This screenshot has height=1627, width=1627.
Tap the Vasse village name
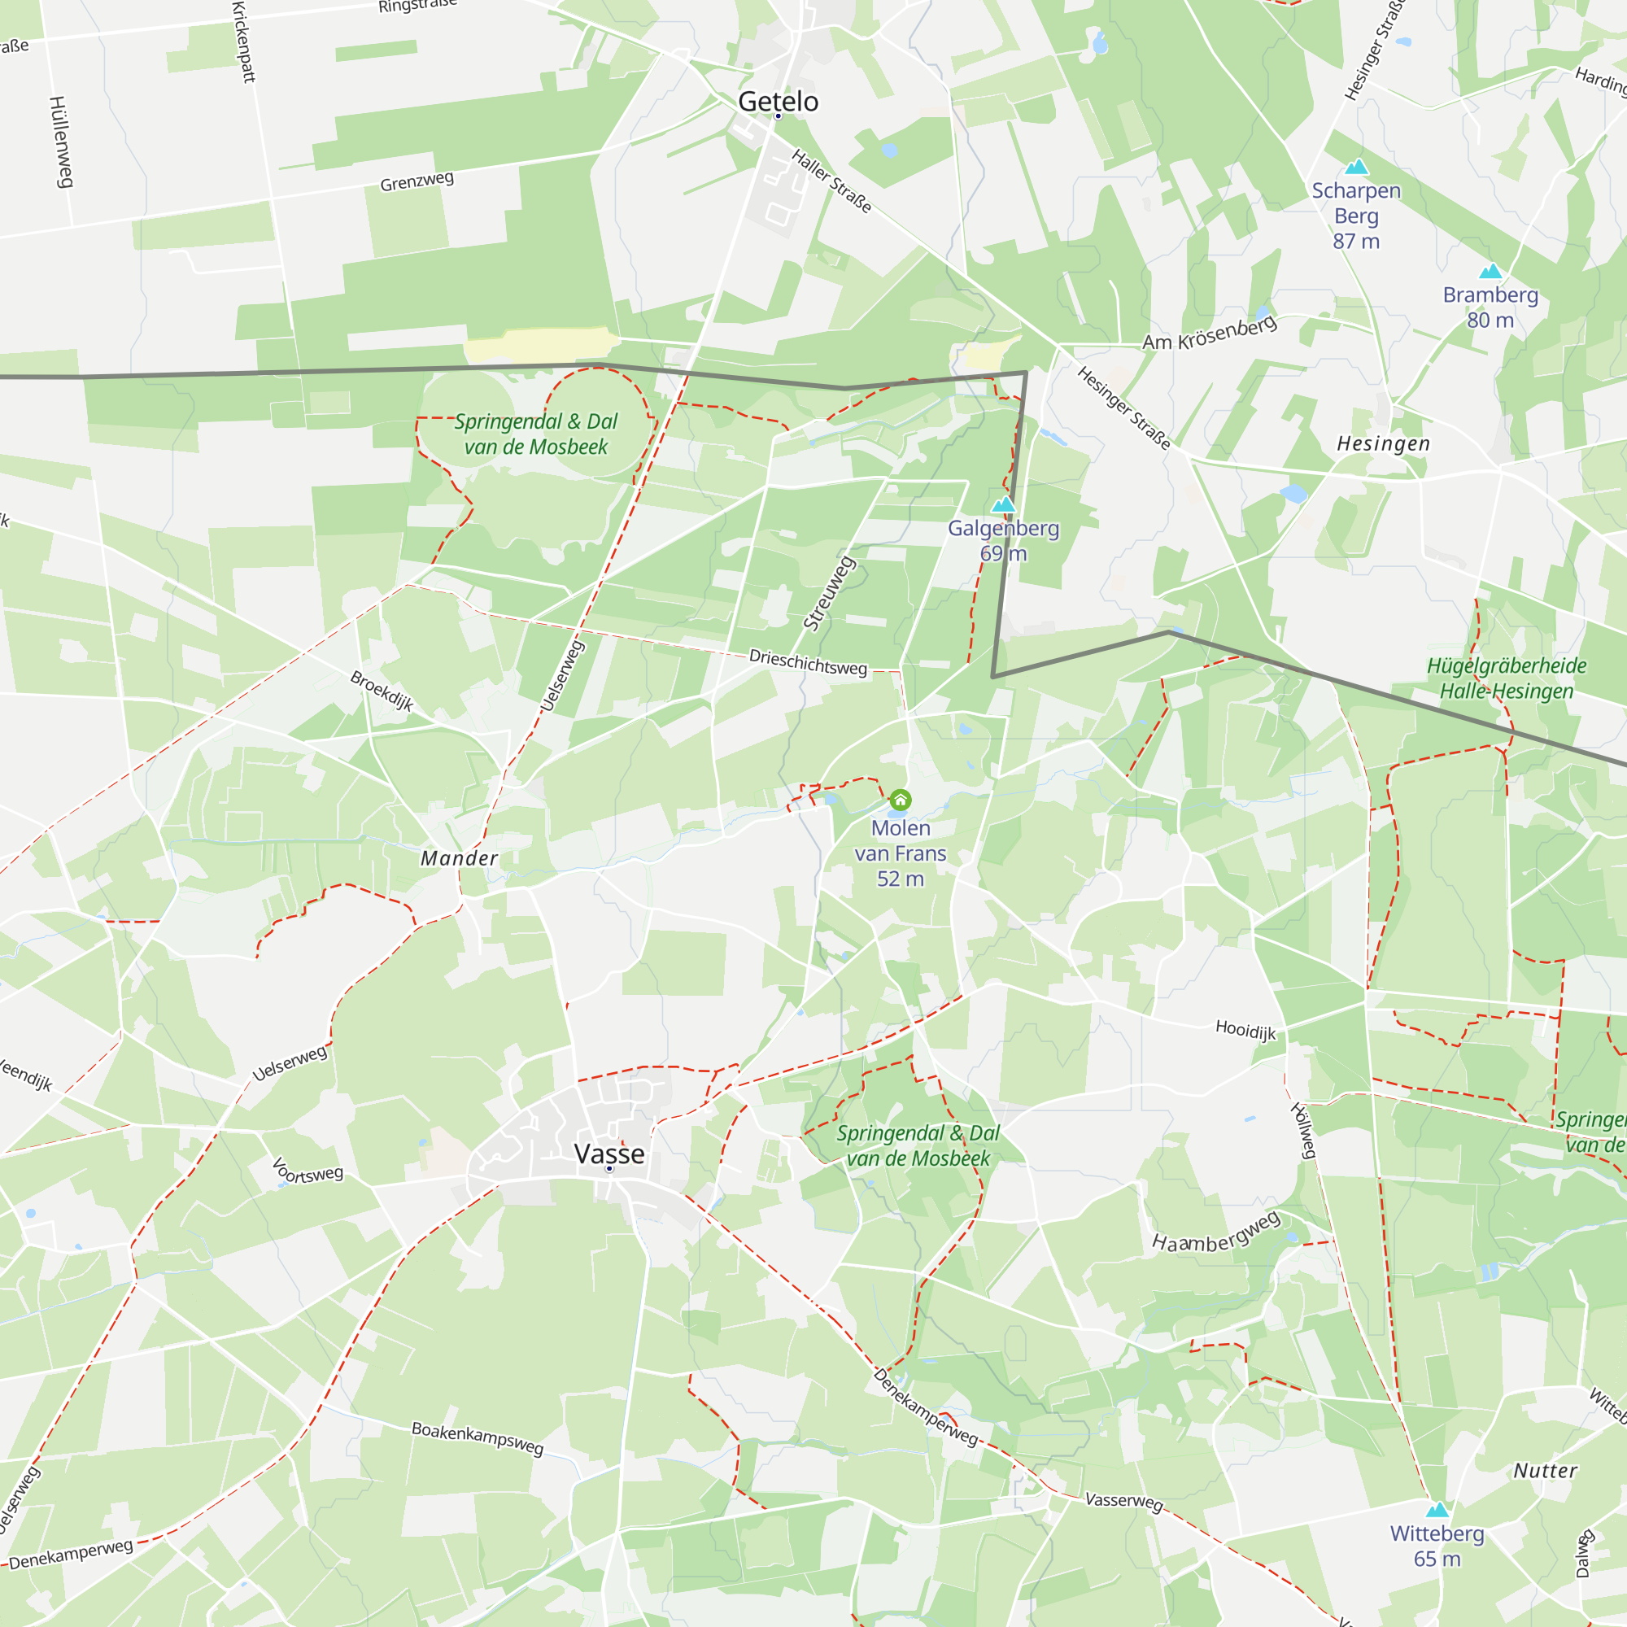[x=608, y=1154]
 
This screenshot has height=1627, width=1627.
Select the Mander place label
[x=459, y=858]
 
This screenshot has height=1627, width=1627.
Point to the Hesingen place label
[x=1383, y=444]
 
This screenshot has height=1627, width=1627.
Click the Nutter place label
[x=1546, y=1470]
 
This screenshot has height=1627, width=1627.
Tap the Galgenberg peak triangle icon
[x=1003, y=504]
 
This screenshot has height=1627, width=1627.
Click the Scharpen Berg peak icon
[x=1356, y=167]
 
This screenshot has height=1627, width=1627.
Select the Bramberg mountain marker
[x=1490, y=271]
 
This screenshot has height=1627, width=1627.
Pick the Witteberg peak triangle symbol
[x=1437, y=1509]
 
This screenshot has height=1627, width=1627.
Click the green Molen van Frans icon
[x=901, y=799]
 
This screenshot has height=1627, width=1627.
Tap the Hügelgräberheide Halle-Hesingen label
[x=1506, y=678]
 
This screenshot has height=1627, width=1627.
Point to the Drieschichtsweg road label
[x=808, y=662]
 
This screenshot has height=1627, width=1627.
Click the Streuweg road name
[x=830, y=594]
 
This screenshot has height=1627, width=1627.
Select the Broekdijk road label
[x=382, y=691]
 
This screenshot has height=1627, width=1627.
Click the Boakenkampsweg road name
[x=477, y=1437]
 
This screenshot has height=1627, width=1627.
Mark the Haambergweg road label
[x=1216, y=1232]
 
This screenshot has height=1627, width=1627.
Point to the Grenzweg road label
[x=417, y=181]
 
